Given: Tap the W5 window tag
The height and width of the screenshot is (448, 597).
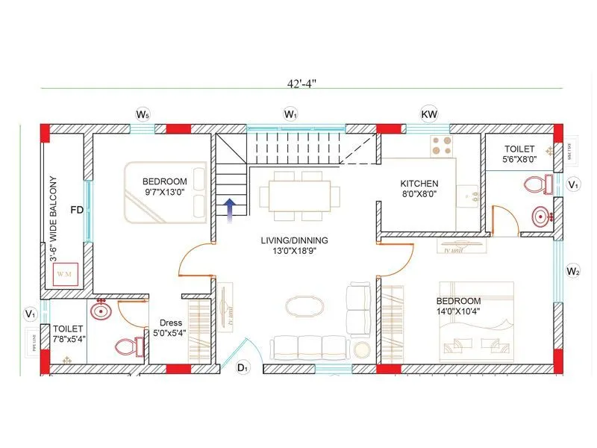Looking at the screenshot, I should [143, 114].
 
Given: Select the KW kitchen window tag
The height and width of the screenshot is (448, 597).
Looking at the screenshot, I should [429, 114].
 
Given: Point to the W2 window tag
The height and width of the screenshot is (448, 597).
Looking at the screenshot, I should [573, 271].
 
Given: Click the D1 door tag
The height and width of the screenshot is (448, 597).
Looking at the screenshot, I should [243, 367].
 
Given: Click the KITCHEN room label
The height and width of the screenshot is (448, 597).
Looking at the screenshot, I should [419, 184].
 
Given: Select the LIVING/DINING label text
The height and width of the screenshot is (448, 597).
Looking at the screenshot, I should [294, 240].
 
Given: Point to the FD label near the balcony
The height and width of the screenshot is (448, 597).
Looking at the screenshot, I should [75, 210].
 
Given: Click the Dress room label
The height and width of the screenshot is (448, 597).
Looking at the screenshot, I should [171, 323].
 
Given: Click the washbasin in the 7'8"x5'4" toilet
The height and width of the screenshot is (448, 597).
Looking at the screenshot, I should [101, 308].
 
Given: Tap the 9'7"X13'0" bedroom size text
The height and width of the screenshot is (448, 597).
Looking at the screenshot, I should [164, 193].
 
